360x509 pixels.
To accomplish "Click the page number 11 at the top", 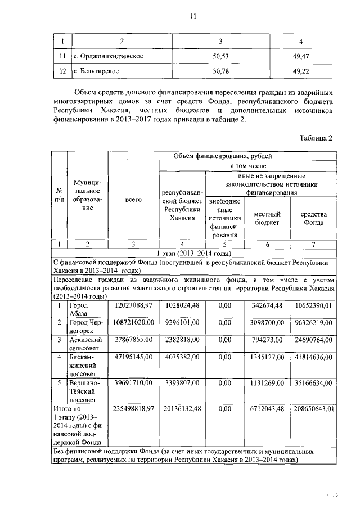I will coord(191,17).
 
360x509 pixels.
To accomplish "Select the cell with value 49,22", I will coord(302,72).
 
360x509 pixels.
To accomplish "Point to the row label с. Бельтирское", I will coord(97,72).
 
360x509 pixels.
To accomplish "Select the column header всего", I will coord(133,200).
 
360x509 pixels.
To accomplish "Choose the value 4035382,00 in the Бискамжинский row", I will coord(181,357).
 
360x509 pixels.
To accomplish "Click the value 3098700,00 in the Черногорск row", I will coord(265,323).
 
